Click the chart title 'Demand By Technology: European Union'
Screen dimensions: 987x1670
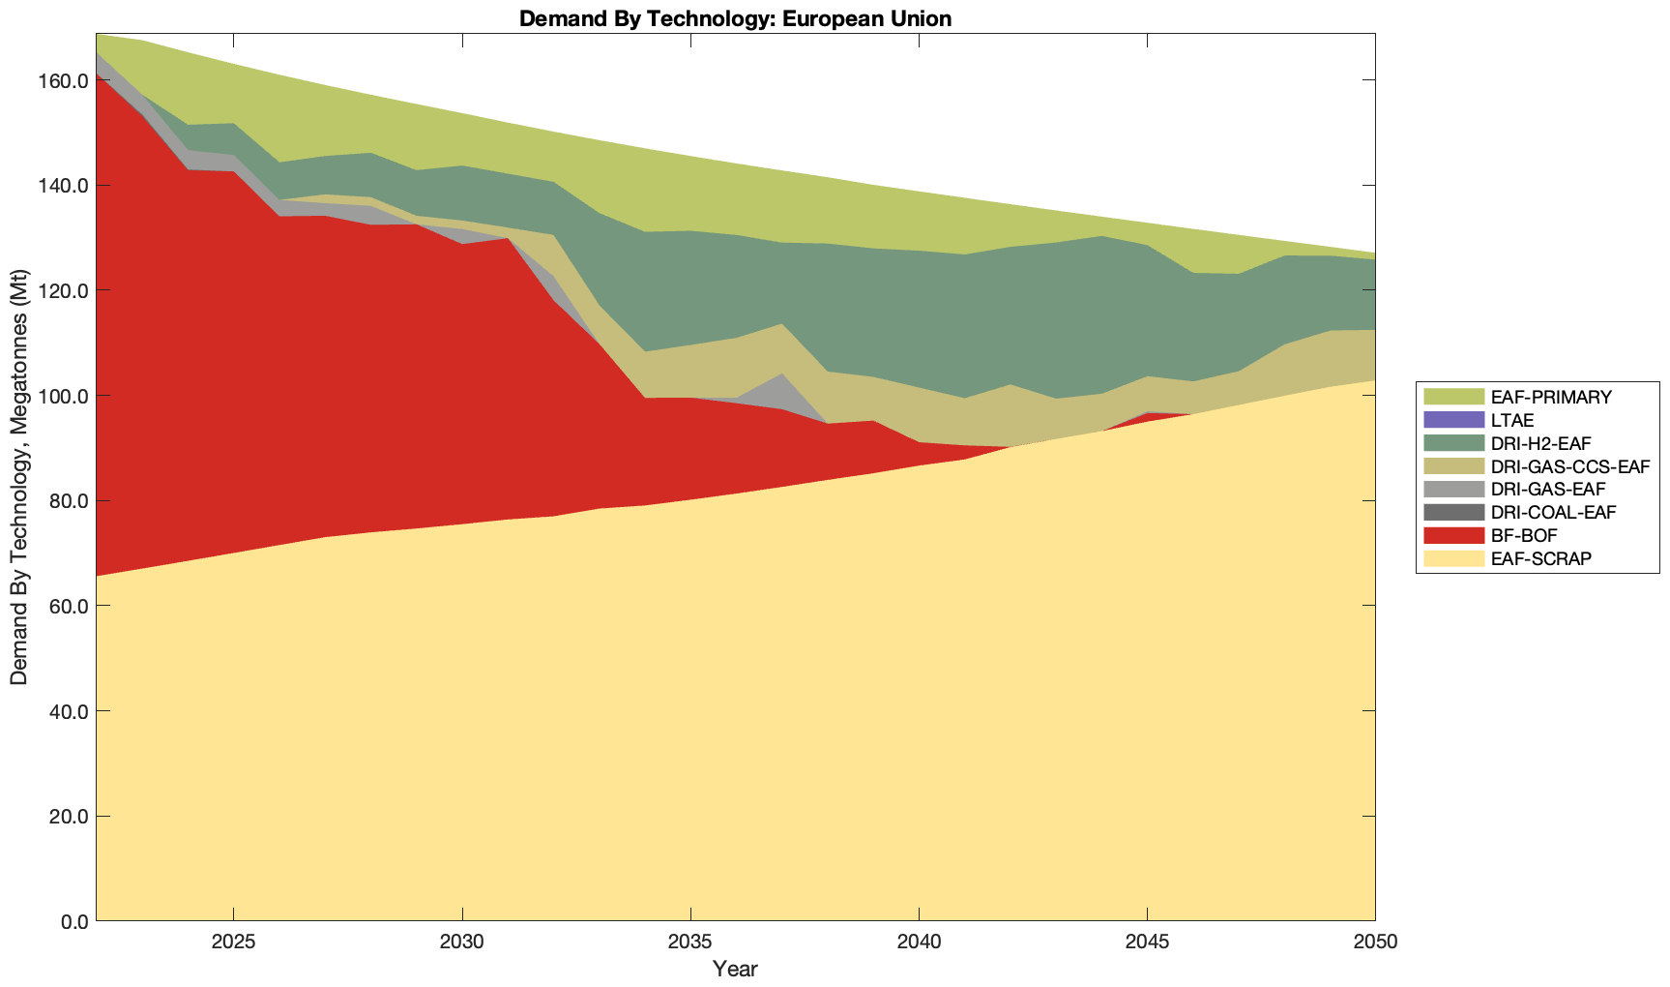[x=735, y=18]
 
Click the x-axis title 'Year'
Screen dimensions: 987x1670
[x=735, y=969]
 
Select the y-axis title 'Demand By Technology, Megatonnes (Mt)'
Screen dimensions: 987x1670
[x=18, y=476]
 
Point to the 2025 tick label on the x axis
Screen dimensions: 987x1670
[x=233, y=942]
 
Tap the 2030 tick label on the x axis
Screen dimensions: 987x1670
[x=462, y=942]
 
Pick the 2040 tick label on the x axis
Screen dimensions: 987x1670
[x=919, y=942]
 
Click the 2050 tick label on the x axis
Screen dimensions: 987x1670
[x=1375, y=942]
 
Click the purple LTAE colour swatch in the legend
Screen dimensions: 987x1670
[x=1452, y=420]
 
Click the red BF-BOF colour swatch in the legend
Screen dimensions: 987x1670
[x=1452, y=535]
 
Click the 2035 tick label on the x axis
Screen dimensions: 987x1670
[x=690, y=942]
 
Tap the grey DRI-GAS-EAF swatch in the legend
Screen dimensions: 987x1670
[x=1452, y=490]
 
